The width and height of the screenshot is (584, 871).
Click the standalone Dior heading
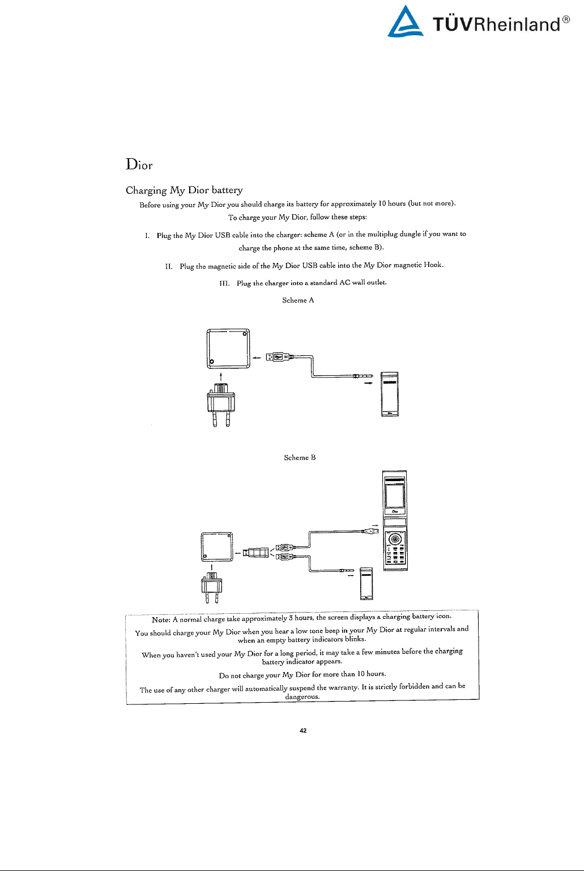click(x=139, y=165)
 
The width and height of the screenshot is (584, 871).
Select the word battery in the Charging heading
click(x=227, y=190)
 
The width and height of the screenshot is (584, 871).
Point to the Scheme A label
click(x=298, y=300)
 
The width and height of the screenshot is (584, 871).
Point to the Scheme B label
click(x=300, y=457)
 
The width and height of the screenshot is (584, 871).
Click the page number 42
click(x=303, y=730)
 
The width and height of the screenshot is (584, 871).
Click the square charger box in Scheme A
click(x=228, y=349)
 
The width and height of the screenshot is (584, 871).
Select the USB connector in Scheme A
click(x=278, y=356)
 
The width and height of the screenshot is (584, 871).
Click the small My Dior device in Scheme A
click(x=390, y=394)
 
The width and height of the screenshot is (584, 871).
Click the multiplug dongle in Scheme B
click(x=255, y=553)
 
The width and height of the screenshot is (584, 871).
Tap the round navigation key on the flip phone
click(x=395, y=538)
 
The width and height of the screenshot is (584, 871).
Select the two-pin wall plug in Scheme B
click(x=211, y=587)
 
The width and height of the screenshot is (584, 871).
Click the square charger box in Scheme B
click(x=217, y=547)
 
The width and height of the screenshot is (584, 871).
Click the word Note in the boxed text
click(x=161, y=619)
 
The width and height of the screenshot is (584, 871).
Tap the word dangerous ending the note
click(x=302, y=696)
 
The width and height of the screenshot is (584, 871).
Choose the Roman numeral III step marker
click(x=224, y=283)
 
